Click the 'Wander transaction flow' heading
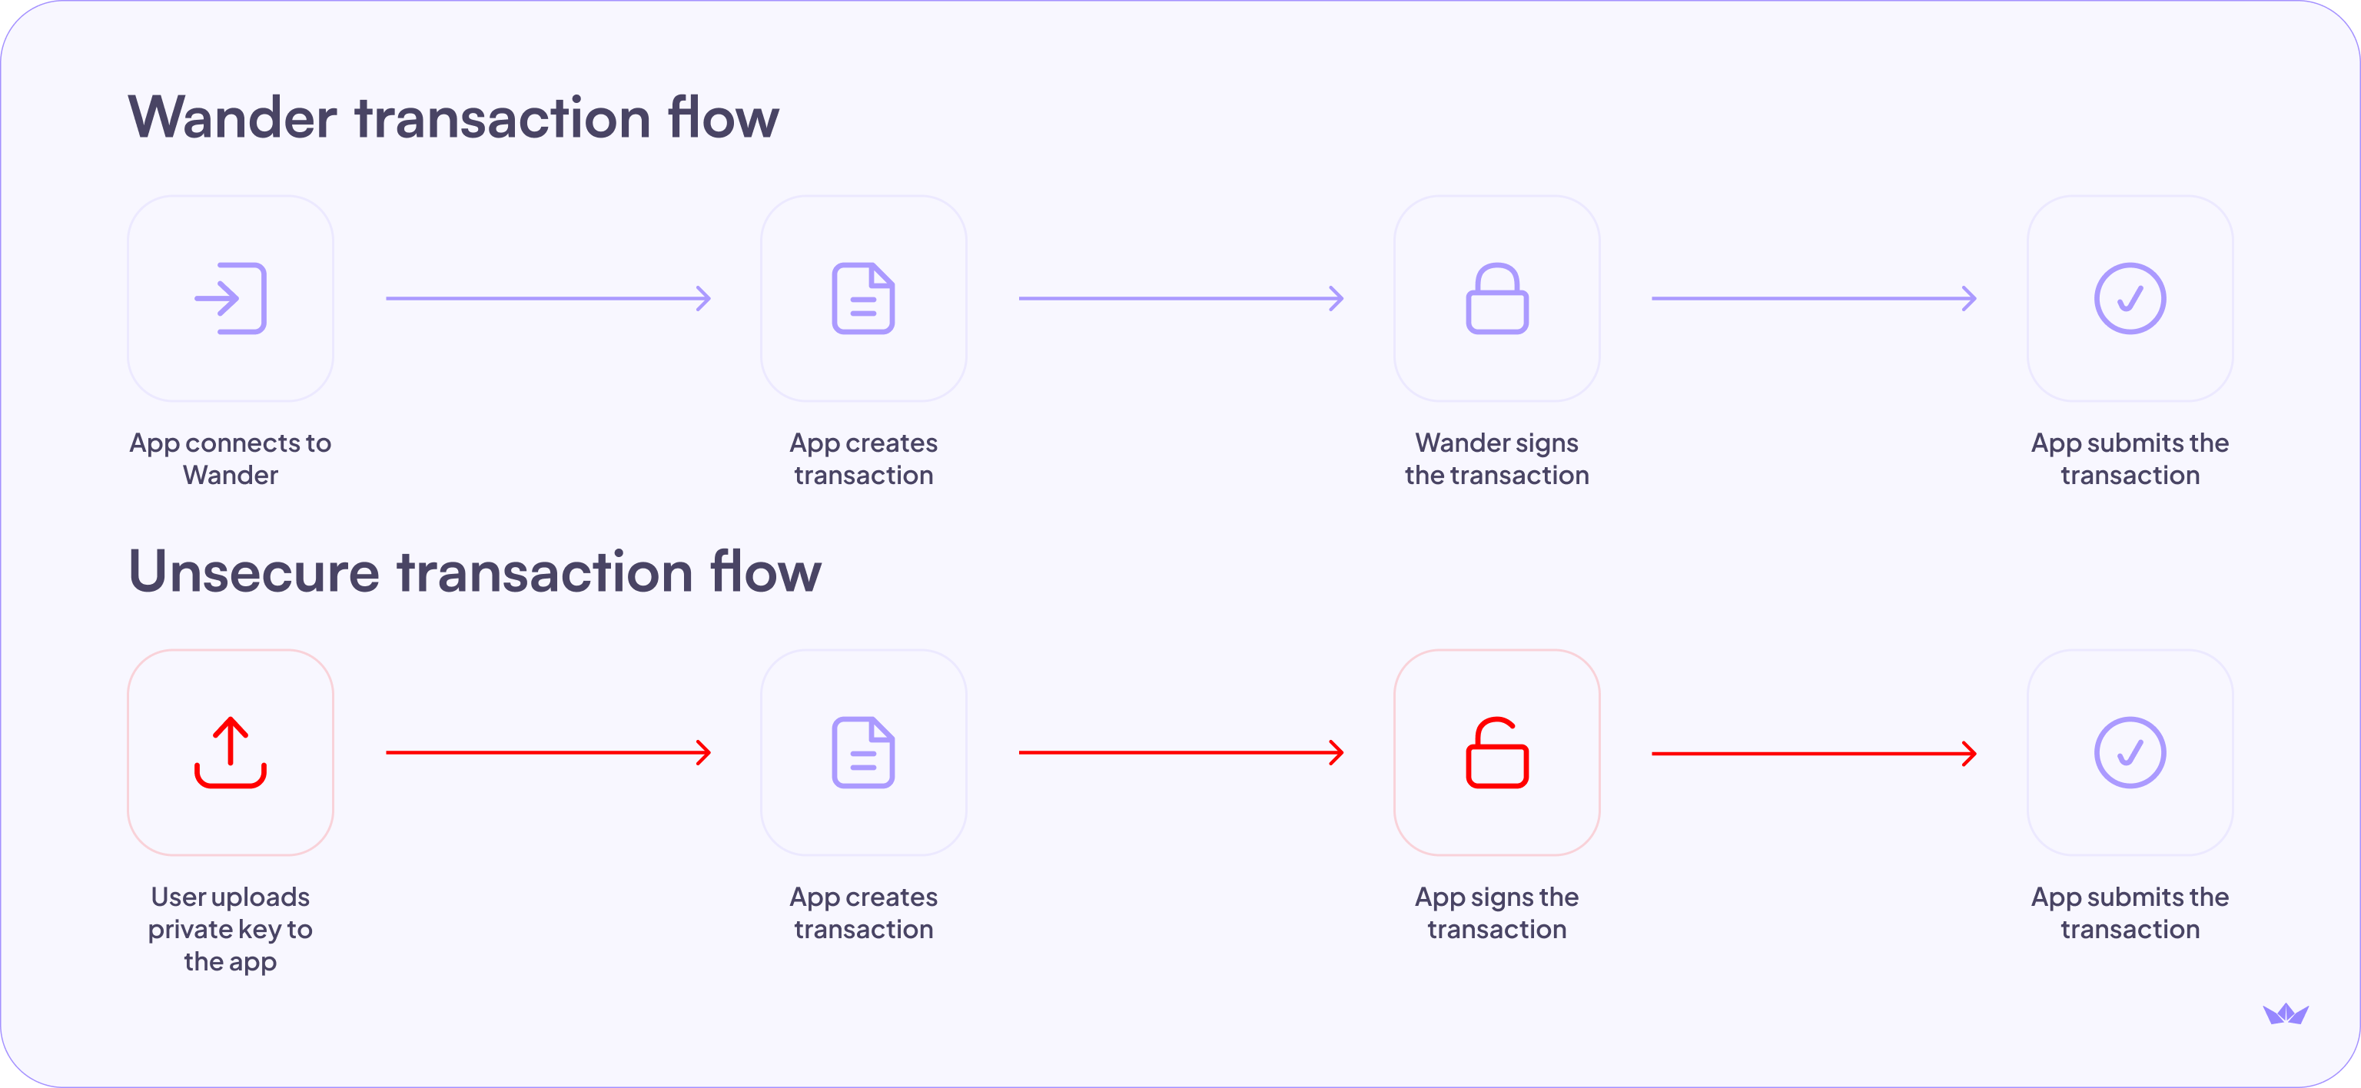(453, 118)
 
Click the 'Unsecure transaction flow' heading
(475, 571)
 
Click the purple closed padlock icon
(1496, 299)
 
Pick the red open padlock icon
(1496, 752)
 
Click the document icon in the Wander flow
(863, 299)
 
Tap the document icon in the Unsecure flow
(863, 752)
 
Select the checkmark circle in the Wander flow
(2130, 299)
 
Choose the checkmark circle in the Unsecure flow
(2130, 752)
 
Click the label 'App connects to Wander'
(230, 458)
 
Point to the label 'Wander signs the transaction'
(1496, 458)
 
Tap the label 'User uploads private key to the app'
(230, 928)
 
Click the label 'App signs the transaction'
(1496, 913)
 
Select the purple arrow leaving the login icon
(548, 299)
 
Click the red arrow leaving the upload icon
(548, 752)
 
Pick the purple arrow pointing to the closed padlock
(1180, 299)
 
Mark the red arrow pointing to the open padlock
(1180, 752)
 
